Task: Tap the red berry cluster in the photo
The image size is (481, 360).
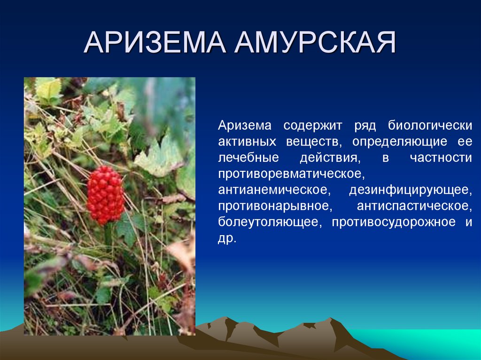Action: click(105, 194)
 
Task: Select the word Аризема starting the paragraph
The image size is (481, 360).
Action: click(244, 125)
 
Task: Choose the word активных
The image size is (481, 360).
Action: click(246, 141)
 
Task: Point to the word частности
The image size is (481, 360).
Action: click(441, 157)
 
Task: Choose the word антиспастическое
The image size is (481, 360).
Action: click(414, 206)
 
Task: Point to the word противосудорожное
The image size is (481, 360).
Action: click(394, 222)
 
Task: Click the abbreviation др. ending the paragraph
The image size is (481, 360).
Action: click(227, 238)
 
